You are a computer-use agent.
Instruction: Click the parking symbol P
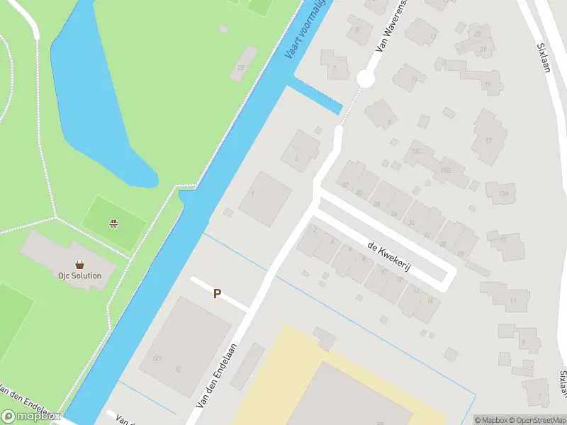217,293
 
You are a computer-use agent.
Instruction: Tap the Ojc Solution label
80,276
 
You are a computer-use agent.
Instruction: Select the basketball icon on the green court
113,224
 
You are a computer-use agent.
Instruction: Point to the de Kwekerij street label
390,255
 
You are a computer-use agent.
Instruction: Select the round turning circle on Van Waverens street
365,79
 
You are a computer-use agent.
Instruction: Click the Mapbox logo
31,416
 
